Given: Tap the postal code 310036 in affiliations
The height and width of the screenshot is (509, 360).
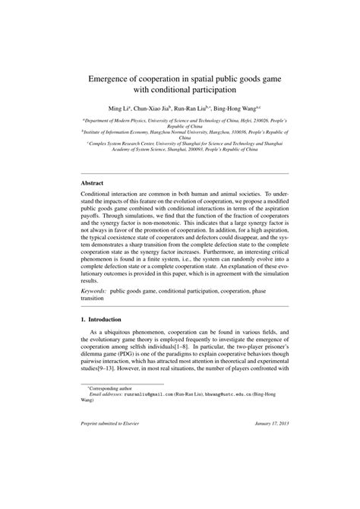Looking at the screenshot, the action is tap(234, 130).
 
